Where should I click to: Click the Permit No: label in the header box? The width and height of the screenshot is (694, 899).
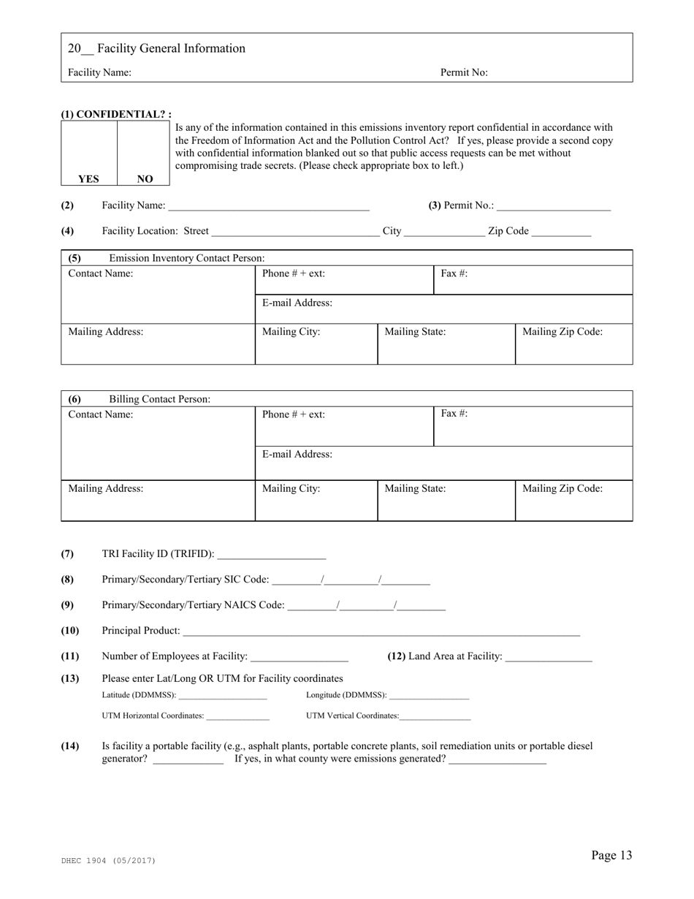point(464,72)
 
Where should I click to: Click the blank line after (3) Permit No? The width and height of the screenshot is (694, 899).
point(553,207)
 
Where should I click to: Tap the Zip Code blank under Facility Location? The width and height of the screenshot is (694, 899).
point(561,232)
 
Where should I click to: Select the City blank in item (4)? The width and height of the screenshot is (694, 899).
point(443,232)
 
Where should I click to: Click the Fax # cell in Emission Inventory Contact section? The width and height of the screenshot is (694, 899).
point(533,280)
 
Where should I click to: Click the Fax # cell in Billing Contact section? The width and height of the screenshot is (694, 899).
point(533,426)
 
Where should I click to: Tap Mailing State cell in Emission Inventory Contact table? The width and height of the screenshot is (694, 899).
point(446,344)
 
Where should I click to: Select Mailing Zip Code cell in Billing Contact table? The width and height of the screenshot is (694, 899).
point(573,500)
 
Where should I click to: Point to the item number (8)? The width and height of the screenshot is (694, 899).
point(67,580)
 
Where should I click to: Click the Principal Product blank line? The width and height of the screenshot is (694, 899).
point(381,631)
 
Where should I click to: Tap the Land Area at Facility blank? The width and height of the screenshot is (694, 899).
point(548,657)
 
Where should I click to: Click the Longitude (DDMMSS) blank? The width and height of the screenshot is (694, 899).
point(429,696)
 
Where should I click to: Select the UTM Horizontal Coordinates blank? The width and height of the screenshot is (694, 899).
point(238,717)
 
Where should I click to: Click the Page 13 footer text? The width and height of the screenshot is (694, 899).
point(611,856)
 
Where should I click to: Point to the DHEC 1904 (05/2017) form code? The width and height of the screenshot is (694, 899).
point(108,861)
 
